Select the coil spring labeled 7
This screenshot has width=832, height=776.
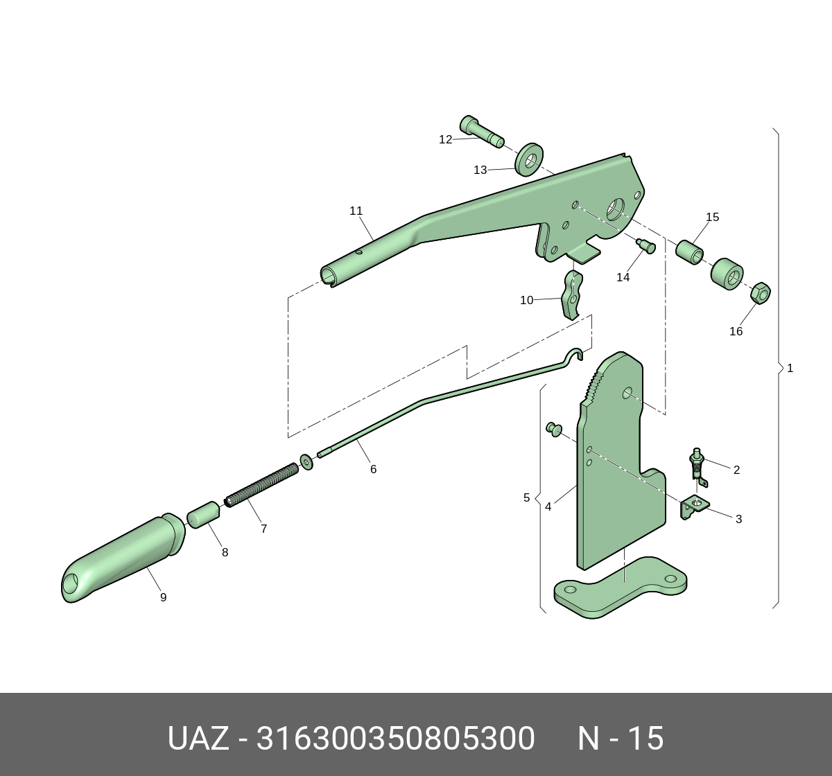point(261,484)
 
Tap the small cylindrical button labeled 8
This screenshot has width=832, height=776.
point(203,515)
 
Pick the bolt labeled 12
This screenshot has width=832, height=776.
point(482,132)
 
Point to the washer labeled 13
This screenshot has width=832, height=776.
point(529,159)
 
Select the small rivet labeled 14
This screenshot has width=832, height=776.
point(646,246)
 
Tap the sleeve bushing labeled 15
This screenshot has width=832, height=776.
point(690,252)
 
